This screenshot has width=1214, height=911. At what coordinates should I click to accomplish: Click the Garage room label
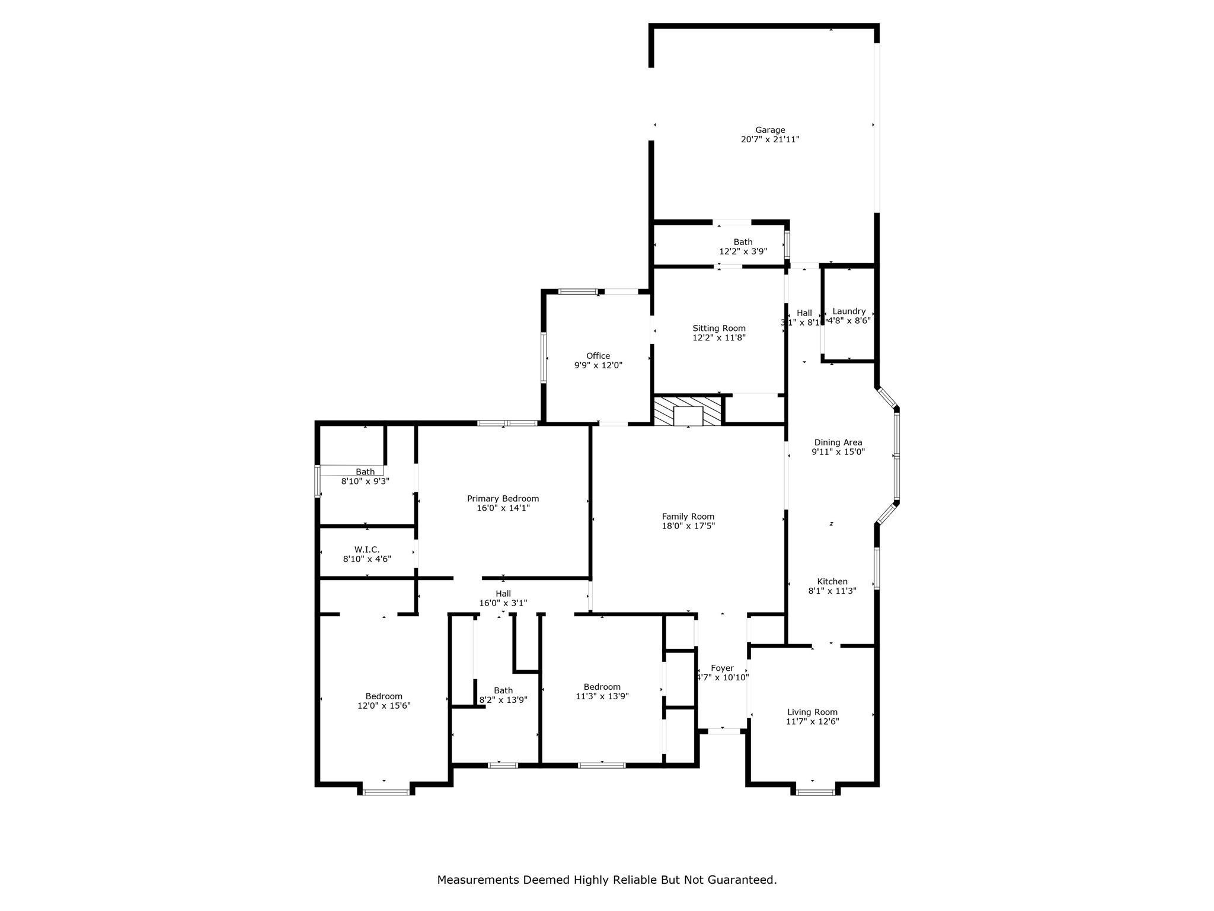point(769,130)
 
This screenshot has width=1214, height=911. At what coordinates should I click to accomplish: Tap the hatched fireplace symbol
point(688,410)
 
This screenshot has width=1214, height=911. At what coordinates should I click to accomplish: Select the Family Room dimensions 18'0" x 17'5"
point(688,526)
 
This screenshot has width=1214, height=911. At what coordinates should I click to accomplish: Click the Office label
point(598,356)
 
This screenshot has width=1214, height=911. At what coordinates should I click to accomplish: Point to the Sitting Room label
point(719,328)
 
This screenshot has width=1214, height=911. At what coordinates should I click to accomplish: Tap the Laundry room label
point(849,311)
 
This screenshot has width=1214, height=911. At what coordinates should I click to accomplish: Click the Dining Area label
point(838,442)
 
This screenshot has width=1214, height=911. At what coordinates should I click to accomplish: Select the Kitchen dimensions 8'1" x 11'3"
point(832,591)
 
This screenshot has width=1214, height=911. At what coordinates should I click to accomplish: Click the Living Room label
point(812,712)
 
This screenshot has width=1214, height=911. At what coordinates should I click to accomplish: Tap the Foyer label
point(722,668)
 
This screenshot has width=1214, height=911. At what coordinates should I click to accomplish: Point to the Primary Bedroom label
point(503,499)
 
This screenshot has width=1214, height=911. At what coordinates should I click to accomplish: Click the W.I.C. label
point(367,550)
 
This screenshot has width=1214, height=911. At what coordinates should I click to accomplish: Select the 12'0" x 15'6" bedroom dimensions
point(384,706)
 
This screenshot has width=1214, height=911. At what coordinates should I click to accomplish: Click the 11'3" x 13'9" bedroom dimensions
point(602,696)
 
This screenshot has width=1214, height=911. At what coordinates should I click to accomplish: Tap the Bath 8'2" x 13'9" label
point(503,690)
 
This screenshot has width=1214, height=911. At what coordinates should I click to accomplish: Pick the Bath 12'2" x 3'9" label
point(743,242)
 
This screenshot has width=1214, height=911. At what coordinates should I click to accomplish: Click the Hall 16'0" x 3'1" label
point(503,594)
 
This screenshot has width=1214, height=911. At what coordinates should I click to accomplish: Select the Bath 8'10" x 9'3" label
point(365,472)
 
